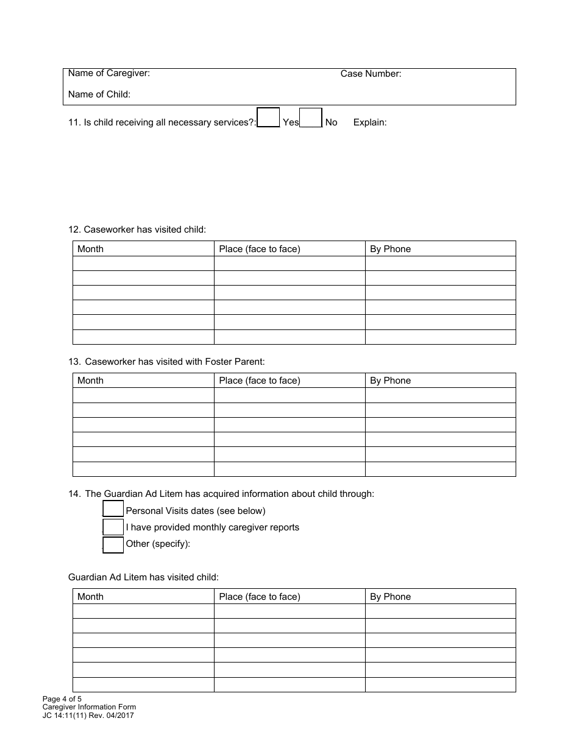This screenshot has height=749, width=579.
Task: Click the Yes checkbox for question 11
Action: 268,118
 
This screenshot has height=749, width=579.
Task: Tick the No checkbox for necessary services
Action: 311,118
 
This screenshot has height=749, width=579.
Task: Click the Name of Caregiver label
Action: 109,74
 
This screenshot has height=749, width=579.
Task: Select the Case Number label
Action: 371,74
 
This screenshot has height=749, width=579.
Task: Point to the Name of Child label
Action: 99,94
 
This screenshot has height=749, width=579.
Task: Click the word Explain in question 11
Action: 369,122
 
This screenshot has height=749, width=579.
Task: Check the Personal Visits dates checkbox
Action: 113,509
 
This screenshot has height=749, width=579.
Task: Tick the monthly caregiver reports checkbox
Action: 113,527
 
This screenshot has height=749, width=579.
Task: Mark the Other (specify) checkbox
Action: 113,544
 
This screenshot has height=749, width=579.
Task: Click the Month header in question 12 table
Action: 90,249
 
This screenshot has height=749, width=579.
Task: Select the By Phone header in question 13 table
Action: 390,381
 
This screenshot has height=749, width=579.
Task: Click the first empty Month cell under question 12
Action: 143,264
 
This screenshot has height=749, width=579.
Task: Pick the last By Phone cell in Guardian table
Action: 440,684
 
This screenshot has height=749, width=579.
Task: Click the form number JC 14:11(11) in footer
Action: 88,716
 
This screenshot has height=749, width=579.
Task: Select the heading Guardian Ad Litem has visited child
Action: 143,577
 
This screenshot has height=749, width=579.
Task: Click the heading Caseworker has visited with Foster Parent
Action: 166,362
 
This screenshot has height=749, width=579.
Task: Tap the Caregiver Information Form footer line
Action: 89,707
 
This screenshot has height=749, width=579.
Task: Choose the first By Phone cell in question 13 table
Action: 440,395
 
